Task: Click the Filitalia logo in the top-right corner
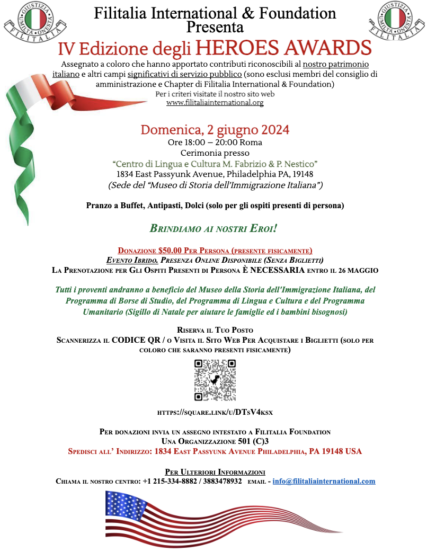(x=394, y=21)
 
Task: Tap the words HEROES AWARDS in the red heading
(x=283, y=47)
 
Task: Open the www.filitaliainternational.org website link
(x=215, y=103)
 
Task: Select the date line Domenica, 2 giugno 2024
(x=215, y=130)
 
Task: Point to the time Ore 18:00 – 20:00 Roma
(x=215, y=142)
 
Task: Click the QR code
(x=215, y=380)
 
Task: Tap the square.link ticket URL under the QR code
(x=215, y=412)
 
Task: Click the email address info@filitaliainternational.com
(x=324, y=481)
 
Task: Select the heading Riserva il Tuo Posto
(x=215, y=330)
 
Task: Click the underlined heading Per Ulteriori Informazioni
(x=215, y=471)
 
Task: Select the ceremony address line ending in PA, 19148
(x=215, y=174)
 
